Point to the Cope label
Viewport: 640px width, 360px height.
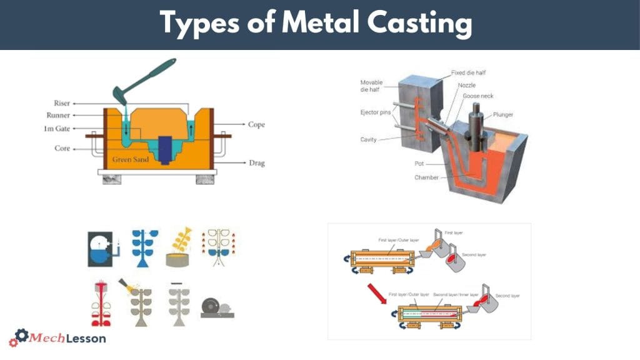(256, 124)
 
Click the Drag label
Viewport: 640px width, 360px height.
(256, 163)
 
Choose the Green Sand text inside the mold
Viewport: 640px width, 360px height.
(130, 160)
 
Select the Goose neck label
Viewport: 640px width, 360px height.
(479, 96)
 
